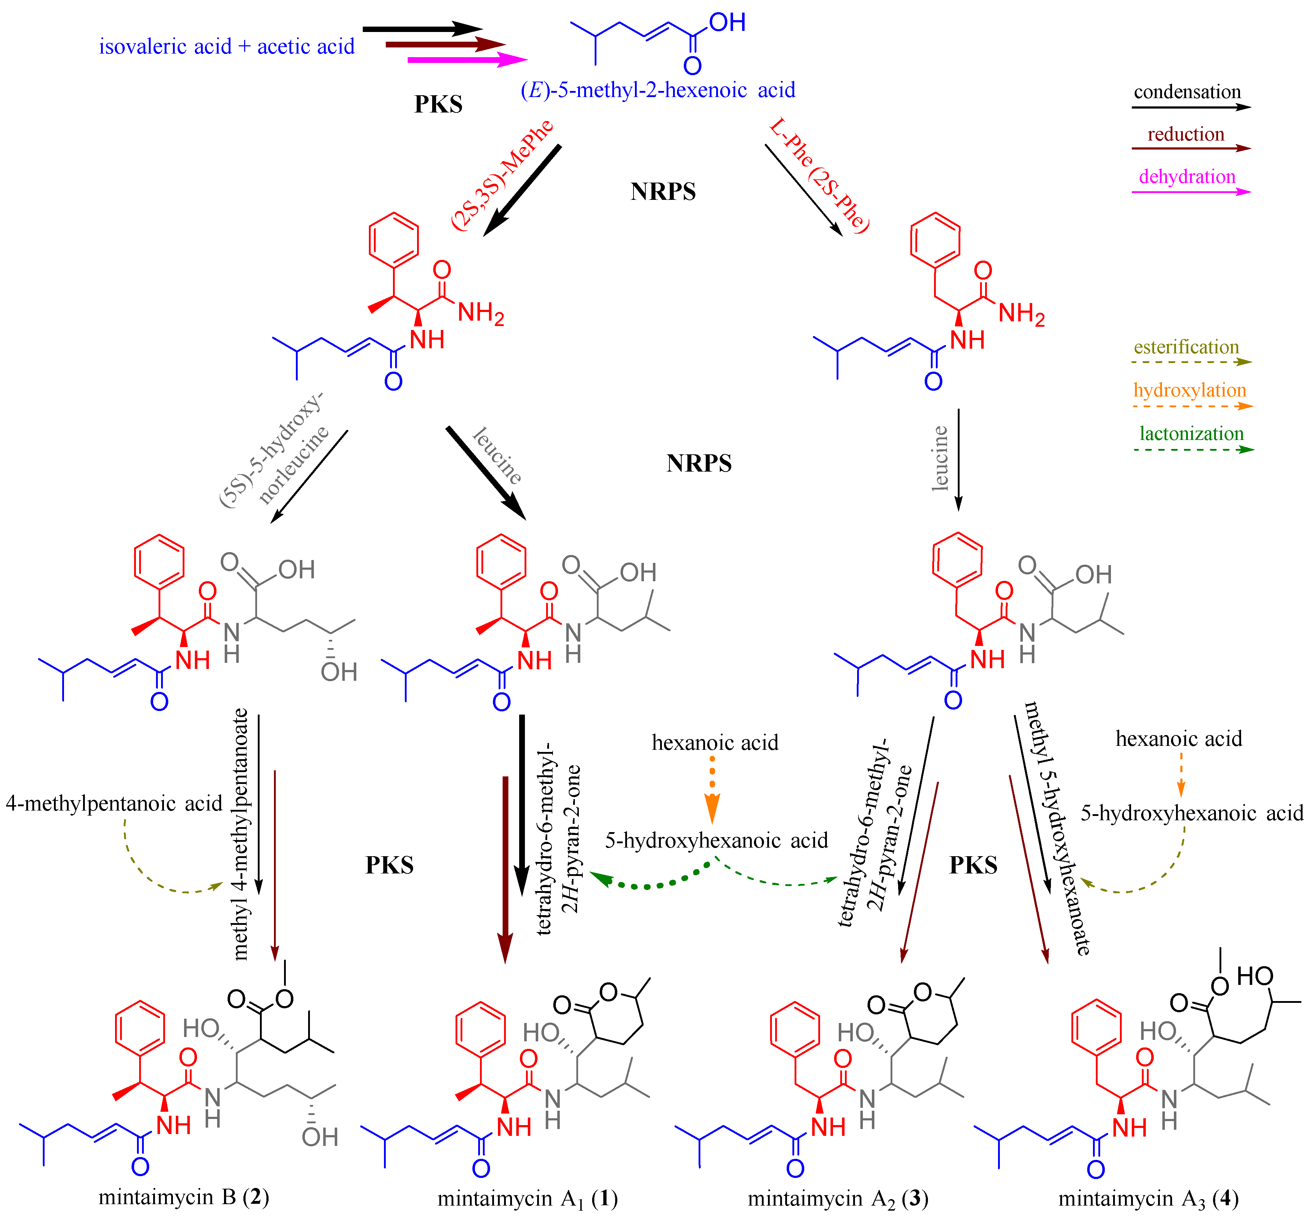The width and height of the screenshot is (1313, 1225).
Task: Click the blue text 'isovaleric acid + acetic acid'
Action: [x=227, y=47]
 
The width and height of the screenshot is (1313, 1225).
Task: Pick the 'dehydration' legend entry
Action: [x=1187, y=177]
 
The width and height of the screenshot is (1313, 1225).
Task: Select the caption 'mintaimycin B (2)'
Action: [x=184, y=1197]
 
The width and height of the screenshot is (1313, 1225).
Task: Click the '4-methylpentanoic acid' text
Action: [x=114, y=804]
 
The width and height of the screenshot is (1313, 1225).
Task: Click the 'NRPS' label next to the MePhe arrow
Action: [x=663, y=192]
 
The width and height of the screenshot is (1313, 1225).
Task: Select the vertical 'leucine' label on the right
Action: [x=939, y=458]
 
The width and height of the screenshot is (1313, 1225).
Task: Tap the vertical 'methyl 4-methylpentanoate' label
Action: [x=241, y=834]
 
